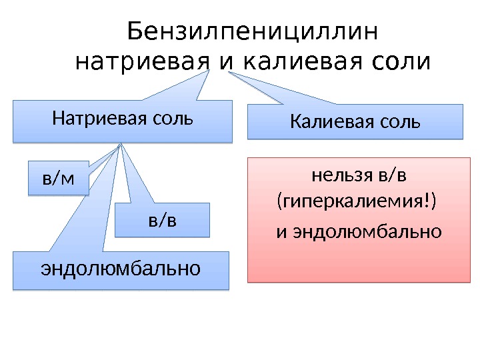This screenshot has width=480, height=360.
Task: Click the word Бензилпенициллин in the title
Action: point(252,31)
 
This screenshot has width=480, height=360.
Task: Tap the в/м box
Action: point(58,178)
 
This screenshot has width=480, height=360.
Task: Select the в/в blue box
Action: point(163,221)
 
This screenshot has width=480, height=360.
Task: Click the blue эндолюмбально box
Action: point(121,270)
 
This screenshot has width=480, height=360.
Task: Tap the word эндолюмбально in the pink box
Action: point(367,232)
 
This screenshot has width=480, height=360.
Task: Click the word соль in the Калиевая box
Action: point(402,123)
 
